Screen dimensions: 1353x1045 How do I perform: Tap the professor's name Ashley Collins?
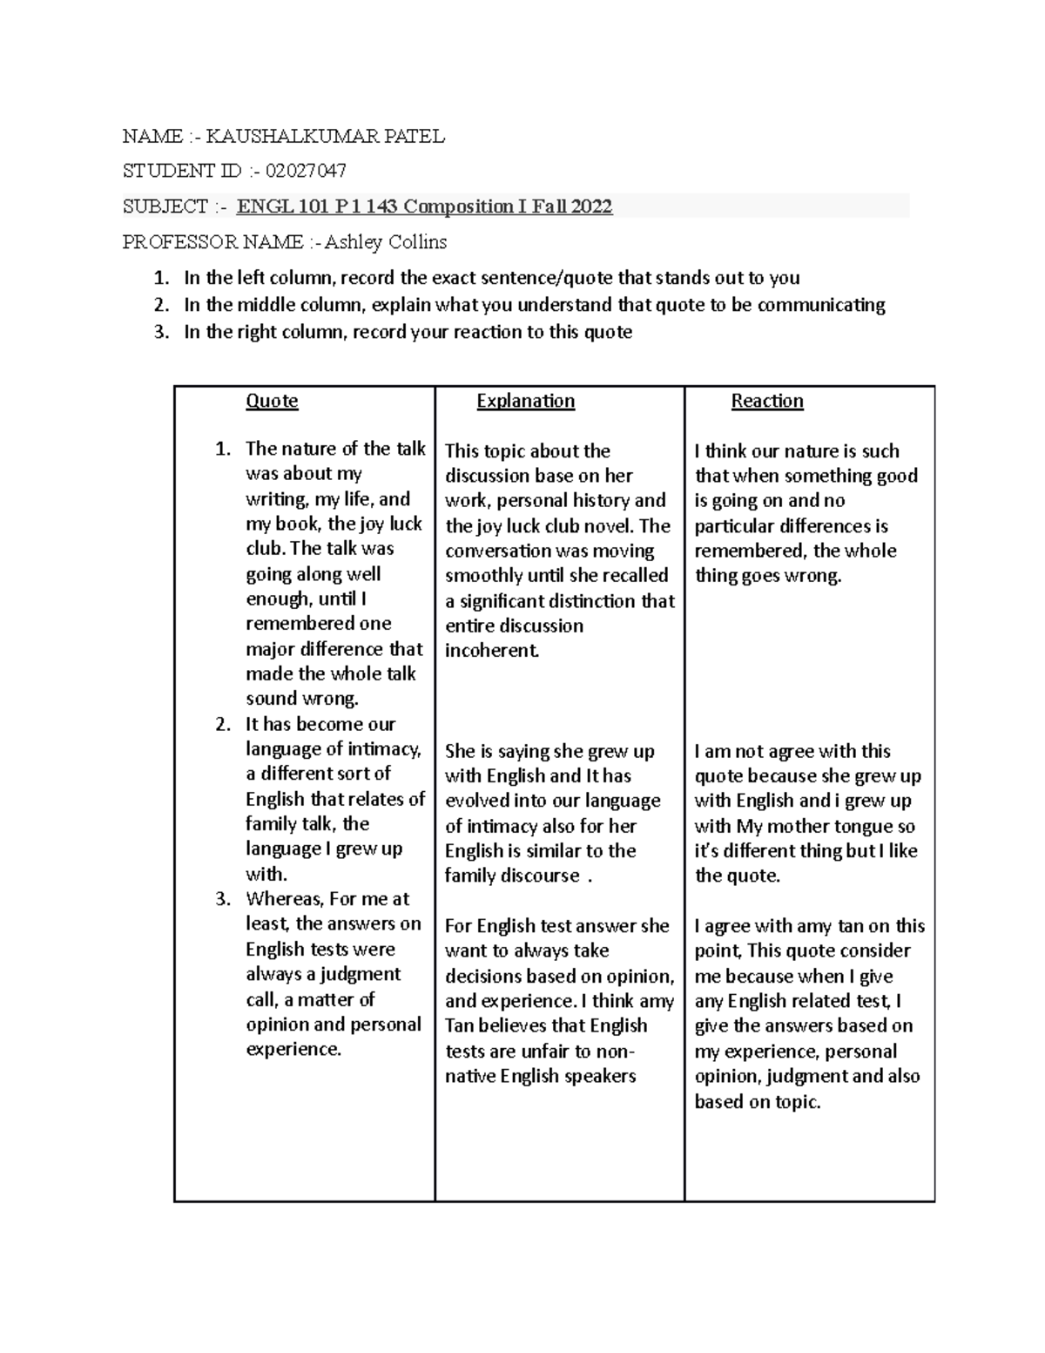tap(386, 241)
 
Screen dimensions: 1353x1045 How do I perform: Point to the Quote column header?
tap(272, 401)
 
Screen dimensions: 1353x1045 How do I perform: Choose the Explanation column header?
tap(526, 401)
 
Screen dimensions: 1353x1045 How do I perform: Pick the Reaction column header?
tap(767, 401)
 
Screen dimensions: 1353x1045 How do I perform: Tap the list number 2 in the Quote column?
tap(223, 724)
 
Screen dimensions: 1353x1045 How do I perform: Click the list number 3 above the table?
tap(159, 332)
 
